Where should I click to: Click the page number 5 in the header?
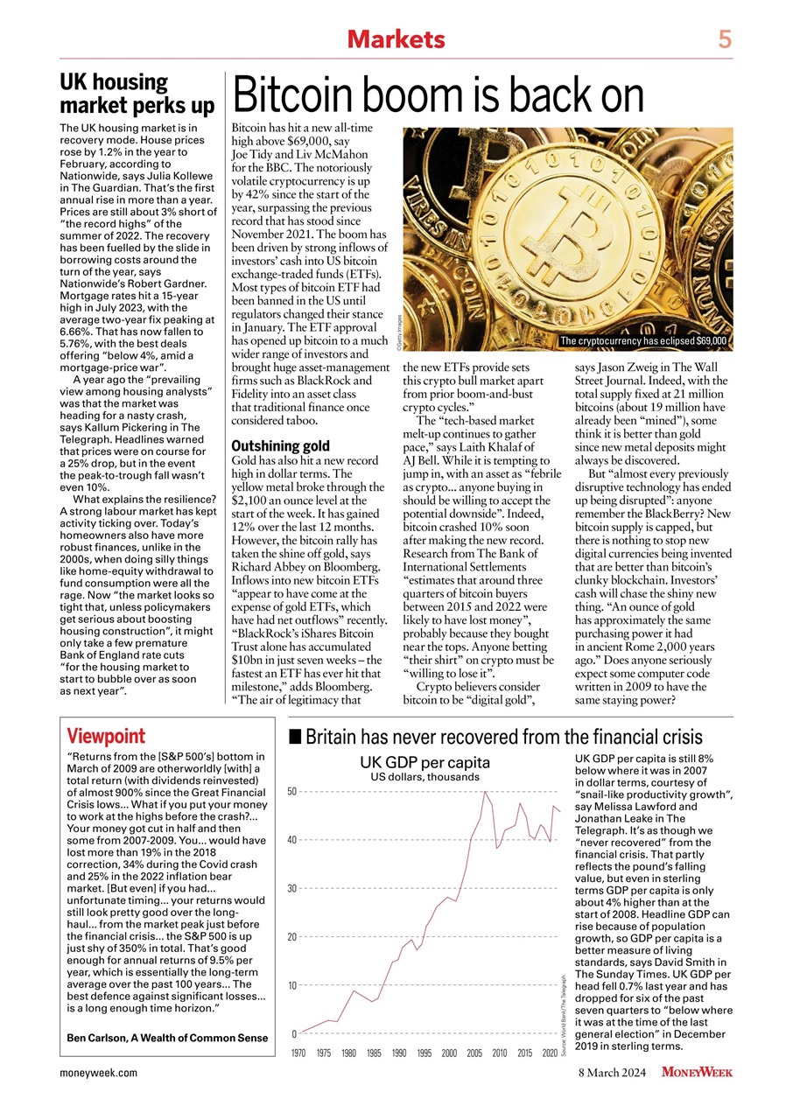coord(725,39)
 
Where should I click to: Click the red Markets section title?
coord(396,39)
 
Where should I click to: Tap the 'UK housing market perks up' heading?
coord(136,94)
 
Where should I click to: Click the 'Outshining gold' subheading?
coord(280,445)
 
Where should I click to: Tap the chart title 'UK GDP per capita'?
coord(425,761)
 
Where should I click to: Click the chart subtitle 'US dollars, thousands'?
coord(425,776)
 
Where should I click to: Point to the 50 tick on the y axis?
coord(293,791)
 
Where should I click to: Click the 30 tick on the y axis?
coord(293,888)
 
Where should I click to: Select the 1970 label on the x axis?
coord(298,1053)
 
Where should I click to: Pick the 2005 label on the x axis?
coord(474,1053)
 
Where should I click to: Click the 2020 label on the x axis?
coord(550,1053)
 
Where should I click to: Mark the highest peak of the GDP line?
coord(485,792)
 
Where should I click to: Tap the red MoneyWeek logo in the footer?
coord(697,1072)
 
